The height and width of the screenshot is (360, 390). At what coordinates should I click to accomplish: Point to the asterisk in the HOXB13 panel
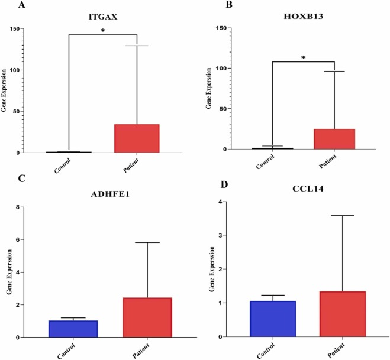pyautogui.click(x=304, y=57)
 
